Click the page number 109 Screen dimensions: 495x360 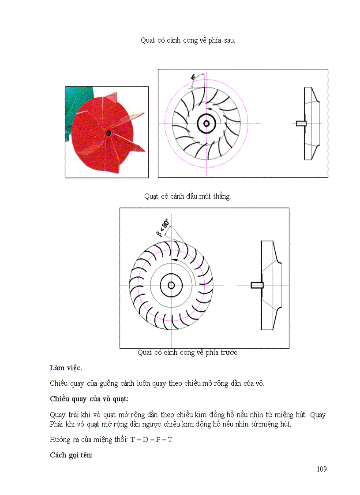pos(322,469)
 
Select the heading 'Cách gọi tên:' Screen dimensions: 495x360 pos(71,455)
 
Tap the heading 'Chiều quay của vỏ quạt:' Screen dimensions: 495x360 pos(89,399)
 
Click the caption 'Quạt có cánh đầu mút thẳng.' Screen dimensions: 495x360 pos(187,197)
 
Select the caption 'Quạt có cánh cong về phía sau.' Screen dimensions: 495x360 pos(188,40)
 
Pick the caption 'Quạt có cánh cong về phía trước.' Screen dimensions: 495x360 pos(188,353)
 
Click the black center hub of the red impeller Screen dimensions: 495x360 pos(108,132)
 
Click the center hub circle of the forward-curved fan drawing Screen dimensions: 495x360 pos(171,285)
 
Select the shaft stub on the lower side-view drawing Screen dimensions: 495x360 pos(257,285)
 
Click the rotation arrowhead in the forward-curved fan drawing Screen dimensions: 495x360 pos(175,260)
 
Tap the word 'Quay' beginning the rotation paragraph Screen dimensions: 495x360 pos(58,415)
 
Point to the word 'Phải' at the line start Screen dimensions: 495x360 pos(57,424)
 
